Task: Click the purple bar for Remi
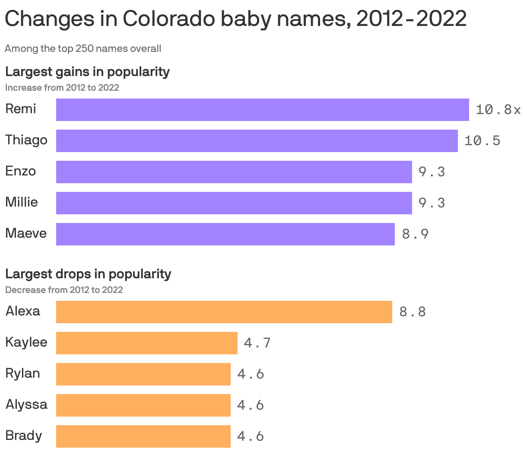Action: [262, 109]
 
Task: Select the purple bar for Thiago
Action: [257, 140]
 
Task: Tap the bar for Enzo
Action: [234, 172]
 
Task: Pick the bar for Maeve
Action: [225, 234]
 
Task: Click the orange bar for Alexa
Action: [224, 312]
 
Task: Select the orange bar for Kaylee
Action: [146, 343]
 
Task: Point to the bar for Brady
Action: [143, 436]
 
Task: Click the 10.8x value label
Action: [498, 110]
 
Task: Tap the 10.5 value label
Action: [482, 141]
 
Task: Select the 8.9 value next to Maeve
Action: [415, 234]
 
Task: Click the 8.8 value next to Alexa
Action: [413, 312]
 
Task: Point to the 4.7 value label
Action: [257, 343]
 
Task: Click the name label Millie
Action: [21, 202]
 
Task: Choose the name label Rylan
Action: [22, 373]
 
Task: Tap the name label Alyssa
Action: [26, 404]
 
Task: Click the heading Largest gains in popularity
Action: [87, 71]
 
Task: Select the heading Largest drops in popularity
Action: [88, 274]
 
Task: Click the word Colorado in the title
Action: [168, 19]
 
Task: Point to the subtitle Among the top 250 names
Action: [83, 48]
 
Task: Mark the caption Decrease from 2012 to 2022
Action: [64, 290]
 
